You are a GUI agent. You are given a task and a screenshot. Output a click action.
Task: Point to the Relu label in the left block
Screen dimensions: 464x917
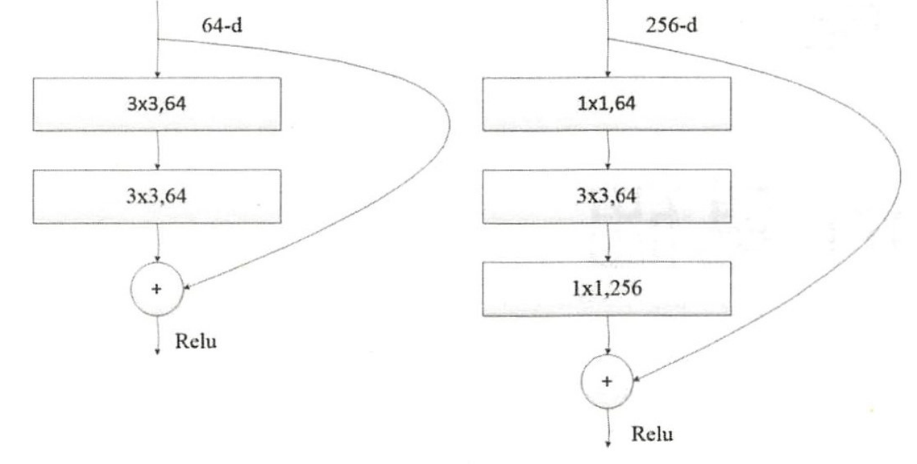tap(197, 341)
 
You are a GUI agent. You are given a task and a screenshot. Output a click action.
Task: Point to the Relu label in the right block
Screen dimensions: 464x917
tap(652, 434)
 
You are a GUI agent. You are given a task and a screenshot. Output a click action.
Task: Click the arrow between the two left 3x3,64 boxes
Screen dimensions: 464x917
tap(158, 149)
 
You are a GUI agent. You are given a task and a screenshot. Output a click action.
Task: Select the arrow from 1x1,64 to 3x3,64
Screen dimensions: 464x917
tap(608, 149)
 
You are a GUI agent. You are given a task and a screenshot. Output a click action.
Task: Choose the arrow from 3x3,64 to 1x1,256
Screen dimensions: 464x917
tap(608, 242)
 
